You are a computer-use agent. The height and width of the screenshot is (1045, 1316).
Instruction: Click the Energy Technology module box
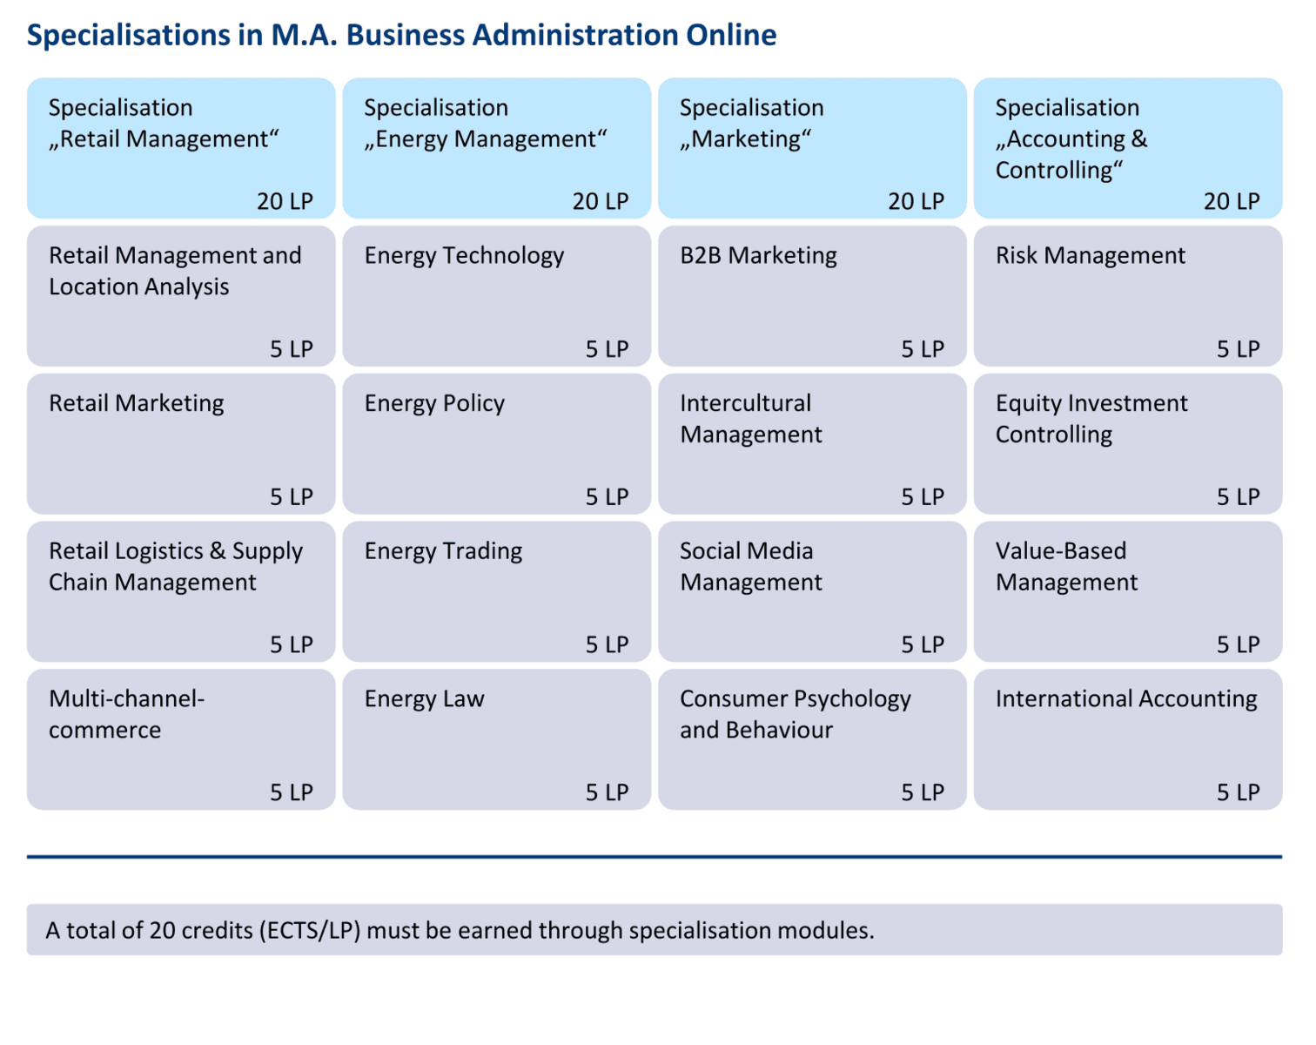click(496, 296)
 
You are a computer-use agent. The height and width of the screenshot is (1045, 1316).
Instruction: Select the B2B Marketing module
click(812, 296)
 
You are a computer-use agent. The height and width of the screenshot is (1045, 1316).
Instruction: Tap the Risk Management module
click(1127, 296)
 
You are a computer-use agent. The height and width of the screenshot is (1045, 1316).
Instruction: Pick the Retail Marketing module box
click(181, 444)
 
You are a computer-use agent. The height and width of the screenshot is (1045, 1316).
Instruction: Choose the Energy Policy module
click(496, 444)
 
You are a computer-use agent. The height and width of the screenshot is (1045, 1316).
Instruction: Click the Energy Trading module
click(496, 592)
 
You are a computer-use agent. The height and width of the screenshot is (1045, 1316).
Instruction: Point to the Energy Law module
click(496, 739)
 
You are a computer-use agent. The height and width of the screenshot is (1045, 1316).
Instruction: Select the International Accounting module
click(1127, 739)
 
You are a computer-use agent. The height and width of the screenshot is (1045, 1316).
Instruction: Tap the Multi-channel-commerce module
click(181, 739)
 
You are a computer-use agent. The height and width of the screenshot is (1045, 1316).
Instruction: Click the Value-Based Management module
click(1127, 592)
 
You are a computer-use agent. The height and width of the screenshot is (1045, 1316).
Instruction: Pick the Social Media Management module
click(812, 592)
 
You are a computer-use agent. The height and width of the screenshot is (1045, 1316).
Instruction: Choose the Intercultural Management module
click(812, 444)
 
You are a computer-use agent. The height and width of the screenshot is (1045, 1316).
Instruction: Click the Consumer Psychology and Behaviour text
click(795, 714)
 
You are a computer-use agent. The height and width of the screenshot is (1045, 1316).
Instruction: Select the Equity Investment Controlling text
click(1091, 419)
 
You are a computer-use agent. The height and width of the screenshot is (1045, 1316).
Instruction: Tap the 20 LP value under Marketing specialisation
click(916, 201)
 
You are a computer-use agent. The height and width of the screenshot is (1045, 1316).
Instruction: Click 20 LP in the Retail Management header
click(285, 201)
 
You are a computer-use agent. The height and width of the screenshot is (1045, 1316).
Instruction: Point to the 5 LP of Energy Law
click(607, 792)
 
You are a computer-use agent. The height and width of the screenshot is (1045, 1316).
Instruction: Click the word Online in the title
click(731, 35)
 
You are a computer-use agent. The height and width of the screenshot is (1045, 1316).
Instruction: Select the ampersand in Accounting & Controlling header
click(1139, 139)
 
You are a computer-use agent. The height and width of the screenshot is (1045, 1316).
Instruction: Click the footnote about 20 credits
click(460, 930)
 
